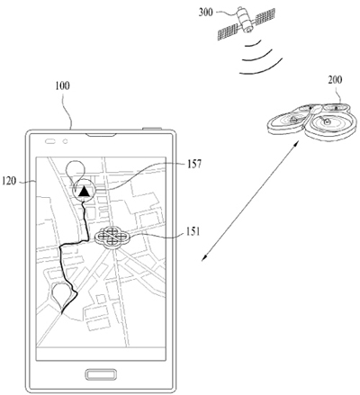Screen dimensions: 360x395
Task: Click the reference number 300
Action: point(206,13)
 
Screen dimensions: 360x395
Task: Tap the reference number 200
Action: point(335,80)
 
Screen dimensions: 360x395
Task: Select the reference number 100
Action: point(62,85)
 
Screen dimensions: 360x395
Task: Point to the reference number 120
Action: point(9,181)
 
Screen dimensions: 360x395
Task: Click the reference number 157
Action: point(194,164)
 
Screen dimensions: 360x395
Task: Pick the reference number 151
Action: point(193,231)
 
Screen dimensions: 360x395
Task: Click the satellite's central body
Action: point(245,19)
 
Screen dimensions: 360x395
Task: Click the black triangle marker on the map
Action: point(85,191)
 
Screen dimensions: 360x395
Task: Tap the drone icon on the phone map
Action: point(112,238)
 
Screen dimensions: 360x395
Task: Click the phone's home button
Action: point(101,374)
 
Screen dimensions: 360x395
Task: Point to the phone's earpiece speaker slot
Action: point(101,135)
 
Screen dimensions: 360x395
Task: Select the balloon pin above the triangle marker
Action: point(76,172)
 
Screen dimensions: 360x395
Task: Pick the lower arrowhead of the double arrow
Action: point(205,256)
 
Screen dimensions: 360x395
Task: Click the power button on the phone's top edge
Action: point(152,129)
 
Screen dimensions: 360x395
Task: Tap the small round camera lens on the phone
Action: point(66,141)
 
